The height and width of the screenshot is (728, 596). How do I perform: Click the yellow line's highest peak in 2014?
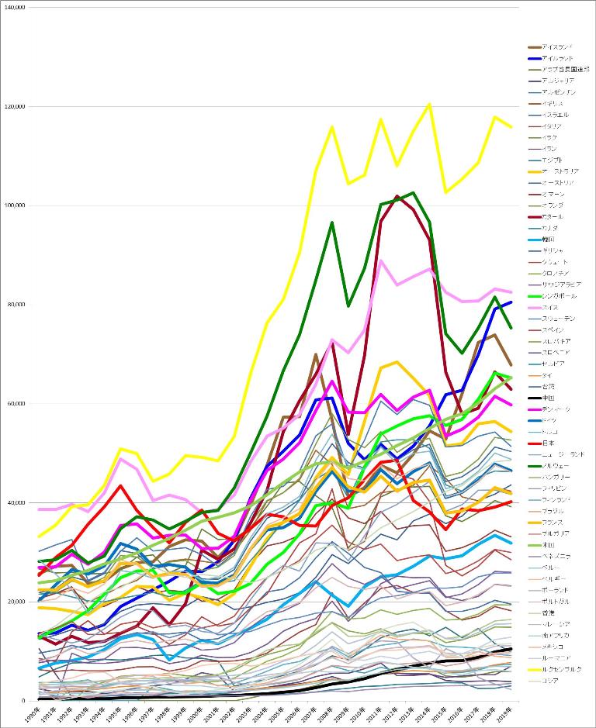(429, 104)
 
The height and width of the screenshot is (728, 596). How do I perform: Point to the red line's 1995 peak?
(120, 485)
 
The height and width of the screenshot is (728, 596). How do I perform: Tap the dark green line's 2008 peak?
(332, 223)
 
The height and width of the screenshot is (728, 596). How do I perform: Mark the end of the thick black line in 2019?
(511, 648)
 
